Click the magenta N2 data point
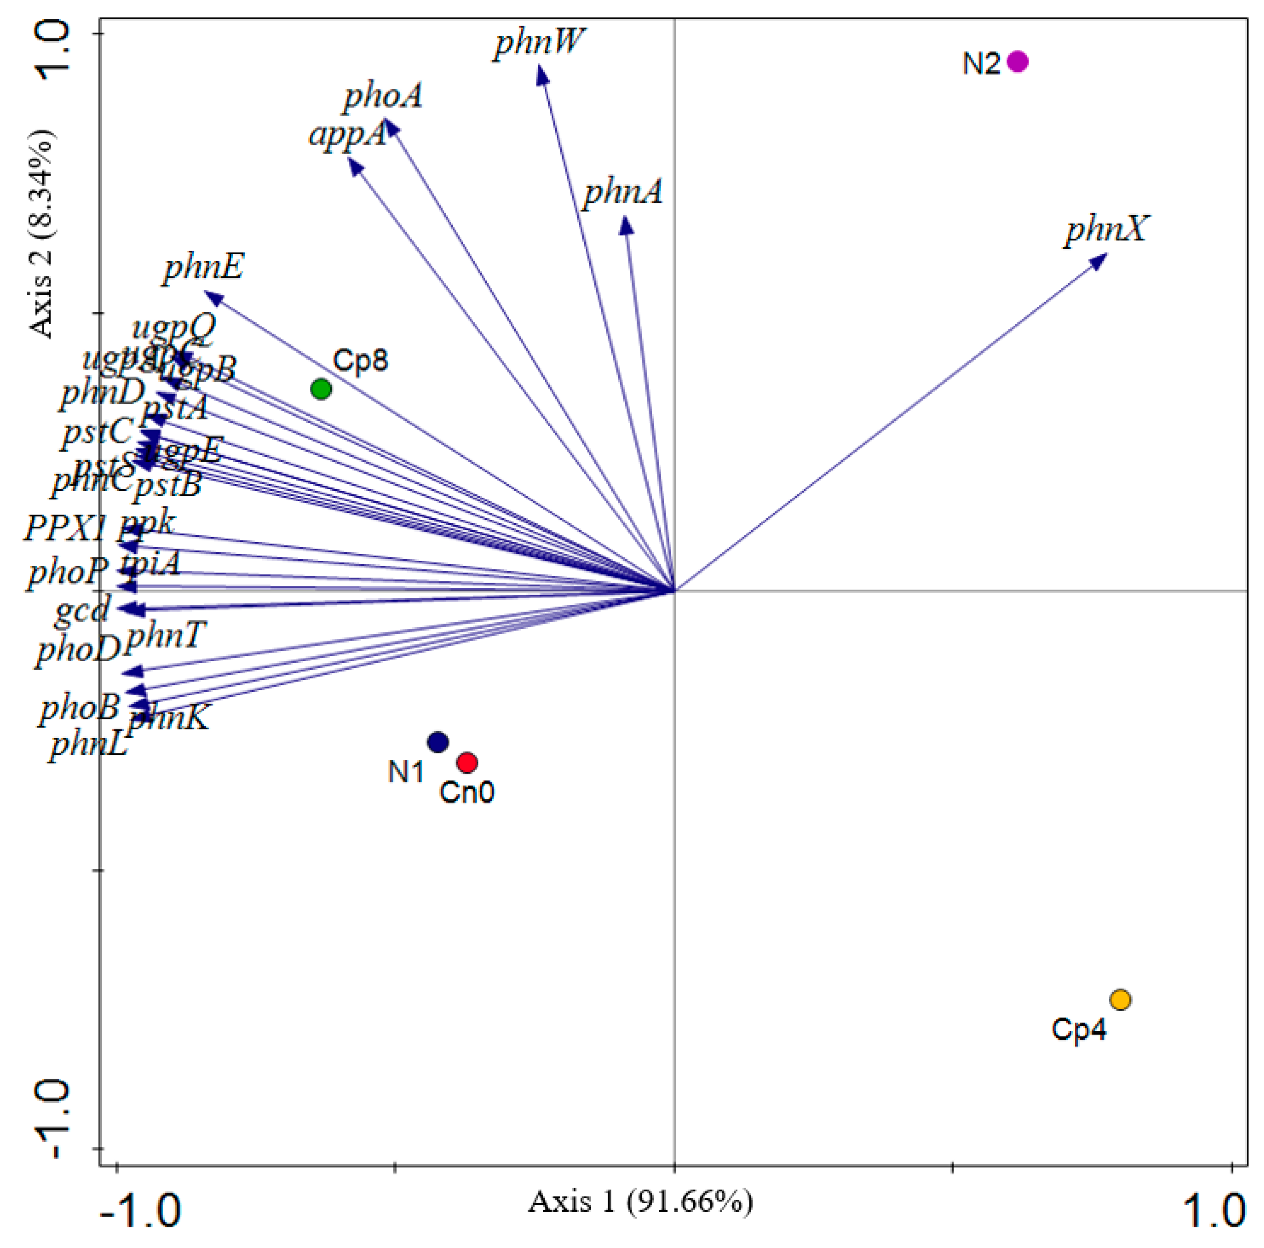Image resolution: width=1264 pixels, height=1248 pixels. (1017, 62)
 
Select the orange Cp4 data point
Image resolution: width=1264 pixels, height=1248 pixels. (1120, 1000)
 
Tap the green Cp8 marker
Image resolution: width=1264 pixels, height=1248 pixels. (320, 389)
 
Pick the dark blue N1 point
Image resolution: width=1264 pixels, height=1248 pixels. (437, 742)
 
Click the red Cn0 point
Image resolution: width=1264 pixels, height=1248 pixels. (466, 762)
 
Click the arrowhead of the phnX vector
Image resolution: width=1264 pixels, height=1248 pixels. (1100, 260)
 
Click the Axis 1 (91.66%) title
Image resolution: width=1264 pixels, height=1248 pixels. (640, 1202)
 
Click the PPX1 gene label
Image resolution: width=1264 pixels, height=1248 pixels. (65, 528)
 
